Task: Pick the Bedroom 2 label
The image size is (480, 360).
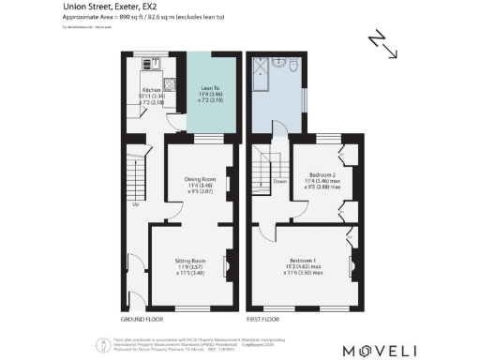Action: point(322,174)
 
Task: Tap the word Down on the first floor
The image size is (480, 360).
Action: point(279,182)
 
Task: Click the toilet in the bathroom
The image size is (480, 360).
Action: point(293,67)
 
